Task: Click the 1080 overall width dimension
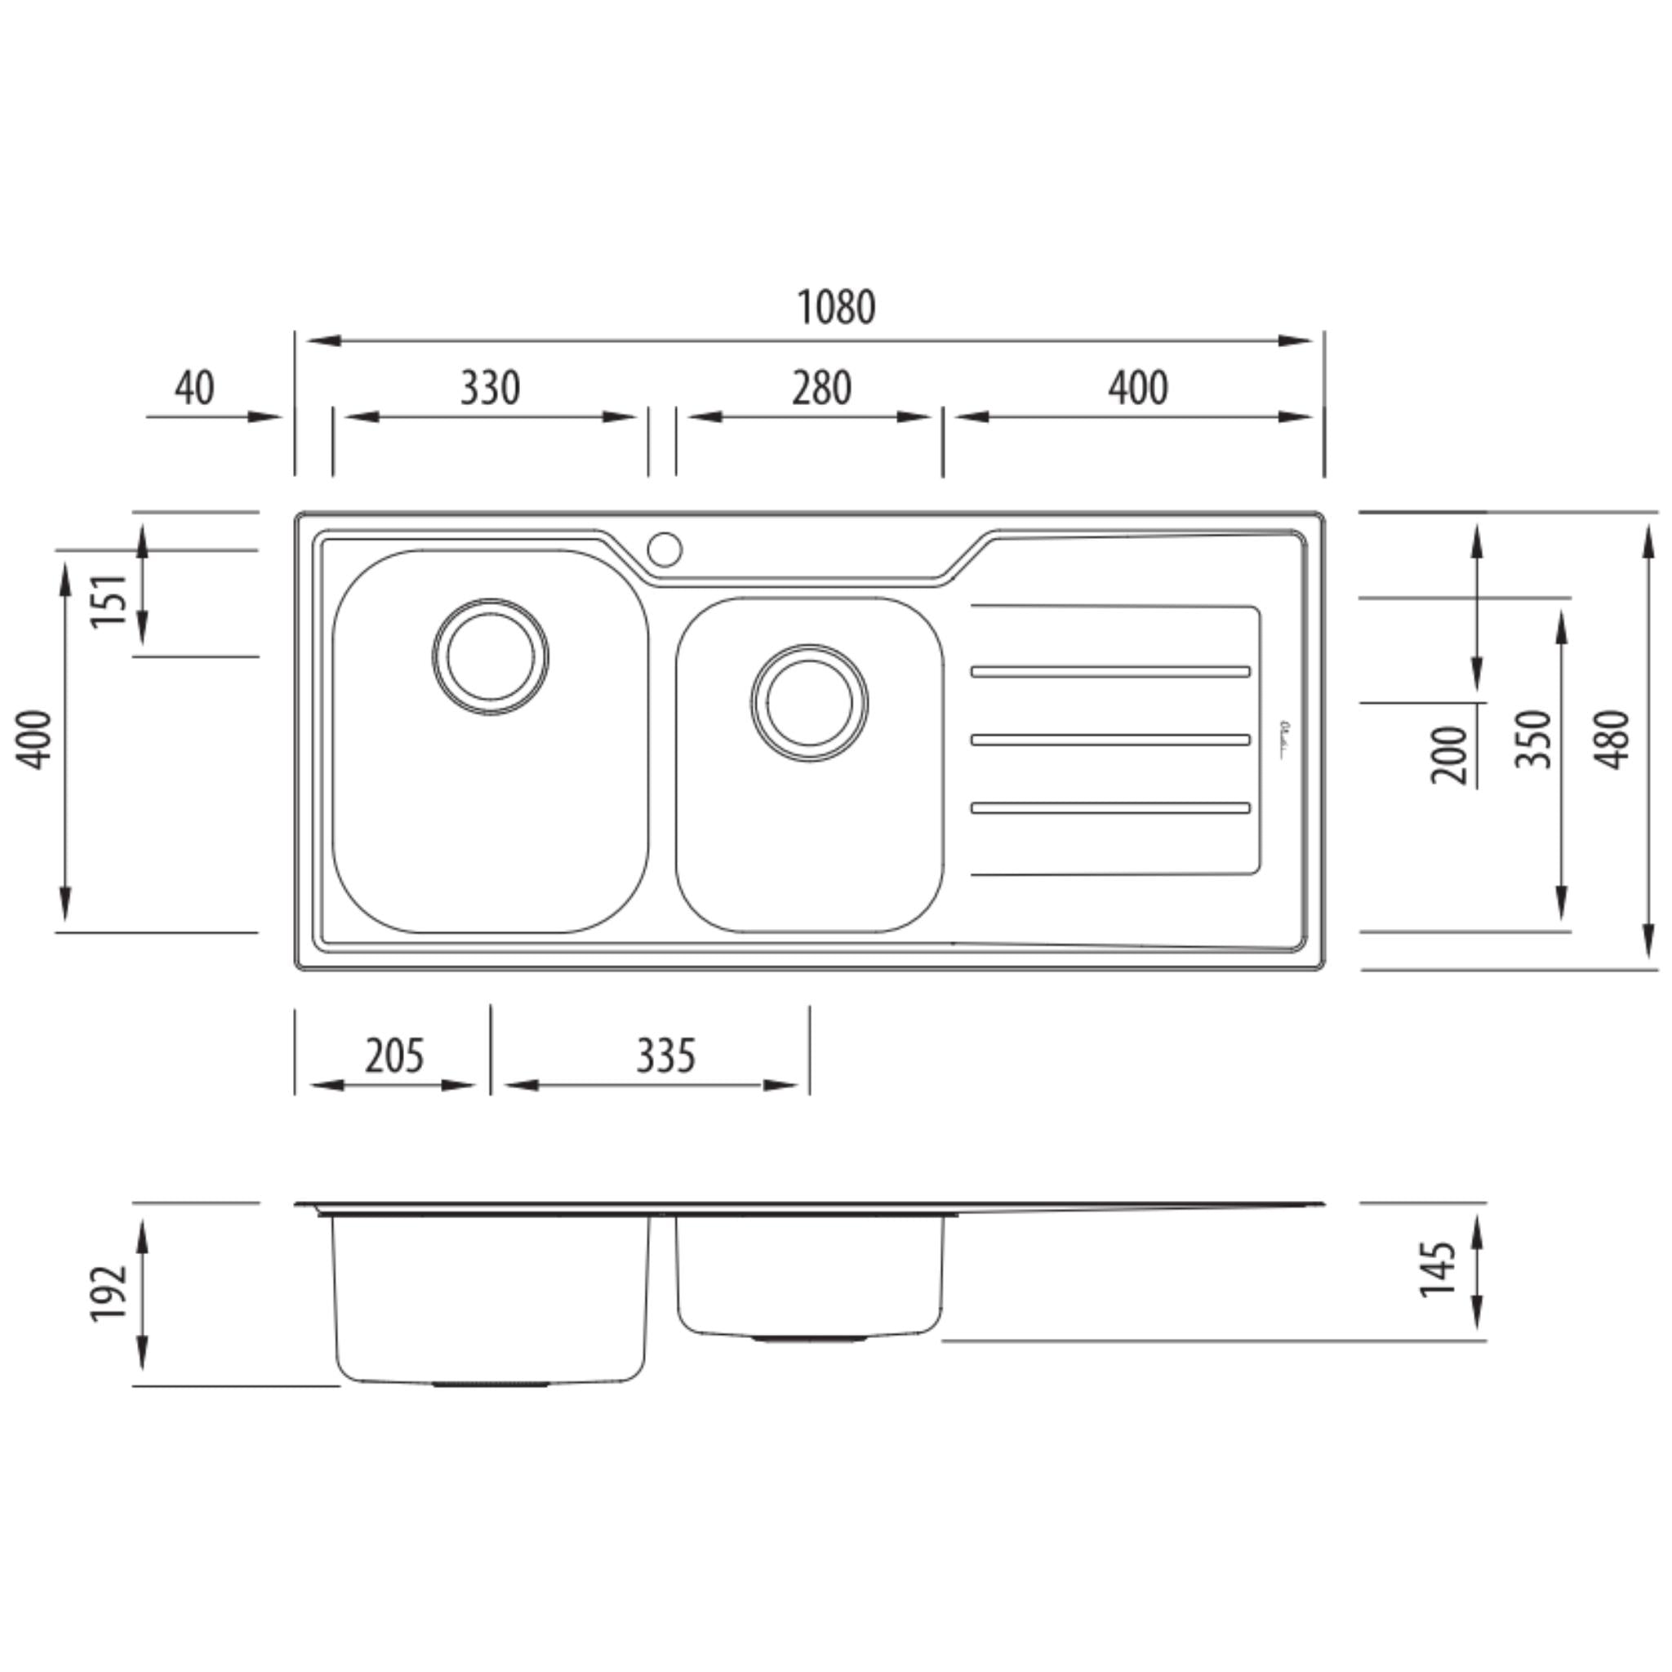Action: pos(835,307)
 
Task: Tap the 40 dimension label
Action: pos(195,388)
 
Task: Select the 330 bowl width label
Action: pos(490,388)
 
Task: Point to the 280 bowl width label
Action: pos(821,388)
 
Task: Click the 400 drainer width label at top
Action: pos(1138,388)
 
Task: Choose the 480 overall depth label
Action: pos(1613,740)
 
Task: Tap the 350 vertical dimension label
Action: pos(1533,740)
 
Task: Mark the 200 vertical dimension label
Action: pos(1451,755)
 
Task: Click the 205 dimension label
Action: pos(394,1056)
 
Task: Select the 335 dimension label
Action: pos(665,1056)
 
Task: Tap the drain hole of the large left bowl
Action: pos(491,657)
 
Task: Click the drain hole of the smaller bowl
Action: pos(809,703)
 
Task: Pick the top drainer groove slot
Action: pos(1110,672)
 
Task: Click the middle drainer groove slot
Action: pos(1110,740)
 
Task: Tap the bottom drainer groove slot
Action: pos(1110,808)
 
